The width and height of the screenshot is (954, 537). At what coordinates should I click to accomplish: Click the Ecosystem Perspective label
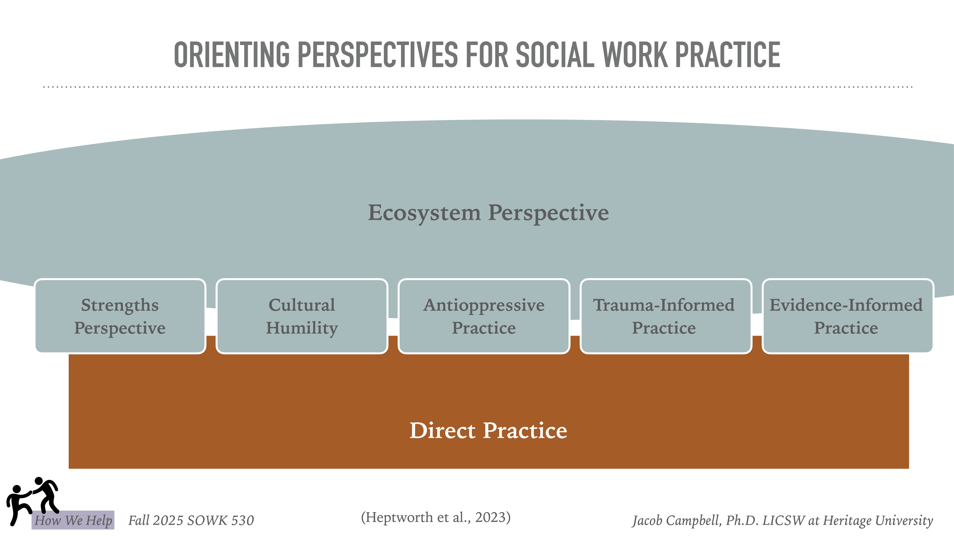[x=488, y=213]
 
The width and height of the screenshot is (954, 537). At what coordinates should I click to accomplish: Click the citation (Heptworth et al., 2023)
[x=436, y=517]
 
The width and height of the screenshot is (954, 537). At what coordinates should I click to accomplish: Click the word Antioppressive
[x=484, y=305]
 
